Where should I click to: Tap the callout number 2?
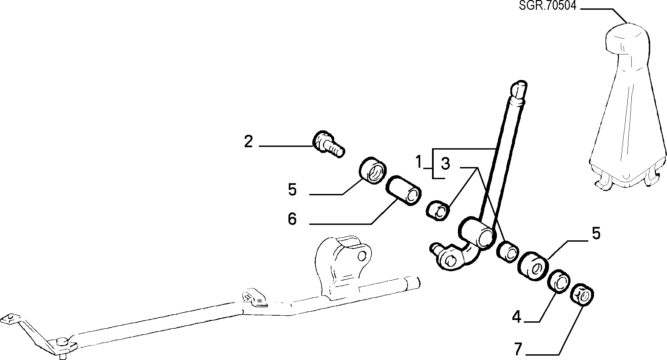point(248,142)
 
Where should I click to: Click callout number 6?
point(292,219)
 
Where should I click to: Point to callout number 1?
point(419,162)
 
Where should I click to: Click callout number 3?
point(445,164)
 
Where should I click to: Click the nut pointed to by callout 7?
point(583,295)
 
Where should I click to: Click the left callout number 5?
point(292,190)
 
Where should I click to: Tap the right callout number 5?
point(596,233)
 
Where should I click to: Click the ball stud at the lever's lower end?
point(436,248)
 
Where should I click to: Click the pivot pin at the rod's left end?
point(63,342)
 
